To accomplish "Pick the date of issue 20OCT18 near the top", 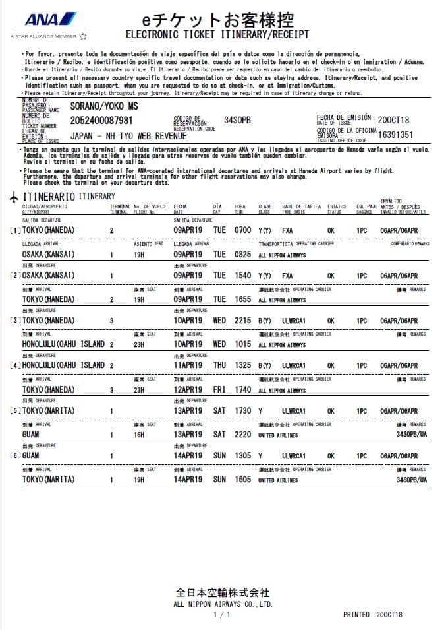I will pyautogui.click(x=394, y=119).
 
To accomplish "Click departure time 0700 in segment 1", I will pyautogui.click(x=243, y=230).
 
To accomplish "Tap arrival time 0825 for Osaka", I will pyautogui.click(x=243, y=254).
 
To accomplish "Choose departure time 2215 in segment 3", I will pyautogui.click(x=243, y=321).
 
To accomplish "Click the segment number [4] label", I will pyautogui.click(x=14, y=365).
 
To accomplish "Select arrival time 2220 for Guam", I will pyautogui.click(x=243, y=435).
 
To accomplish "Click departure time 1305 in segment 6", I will pyautogui.click(x=243, y=456).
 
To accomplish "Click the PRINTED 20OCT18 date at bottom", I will pyautogui.click(x=373, y=615).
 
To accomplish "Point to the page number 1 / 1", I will pyautogui.click(x=223, y=615).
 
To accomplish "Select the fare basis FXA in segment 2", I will pyautogui.click(x=287, y=276).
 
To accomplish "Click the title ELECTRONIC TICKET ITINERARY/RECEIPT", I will pyautogui.click(x=217, y=34).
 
